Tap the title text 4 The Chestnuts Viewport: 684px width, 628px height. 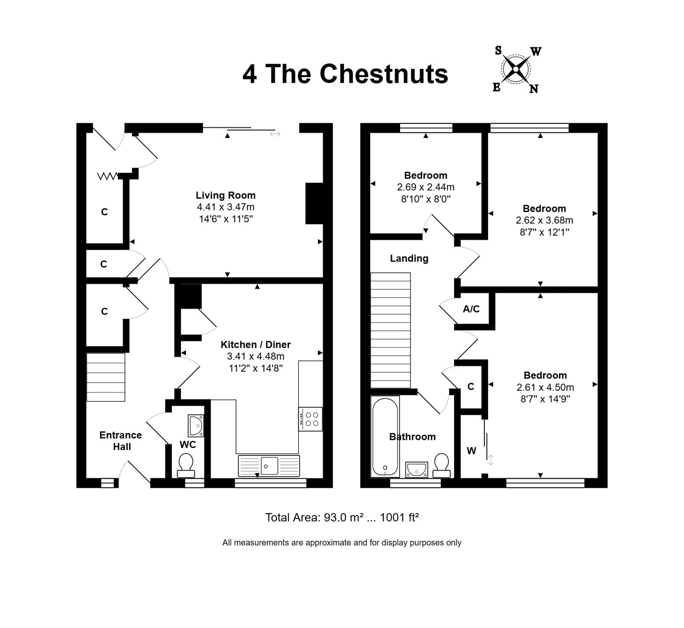[345, 74]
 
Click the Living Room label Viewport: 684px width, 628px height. [226, 195]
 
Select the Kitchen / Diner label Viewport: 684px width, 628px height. [256, 345]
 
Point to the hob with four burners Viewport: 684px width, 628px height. [310, 419]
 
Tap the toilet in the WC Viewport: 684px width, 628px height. [186, 466]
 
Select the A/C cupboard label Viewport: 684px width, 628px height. [471, 309]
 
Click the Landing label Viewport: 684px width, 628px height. [409, 258]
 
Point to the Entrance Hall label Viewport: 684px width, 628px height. [121, 441]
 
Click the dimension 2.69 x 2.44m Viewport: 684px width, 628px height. [426, 187]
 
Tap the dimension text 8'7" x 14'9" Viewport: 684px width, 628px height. [545, 399]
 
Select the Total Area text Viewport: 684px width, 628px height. [342, 518]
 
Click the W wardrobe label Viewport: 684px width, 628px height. [471, 451]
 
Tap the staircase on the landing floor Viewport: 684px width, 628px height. [390, 330]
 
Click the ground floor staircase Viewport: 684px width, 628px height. [106, 377]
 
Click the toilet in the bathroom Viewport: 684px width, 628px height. [441, 465]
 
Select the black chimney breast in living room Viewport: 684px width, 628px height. [314, 203]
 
